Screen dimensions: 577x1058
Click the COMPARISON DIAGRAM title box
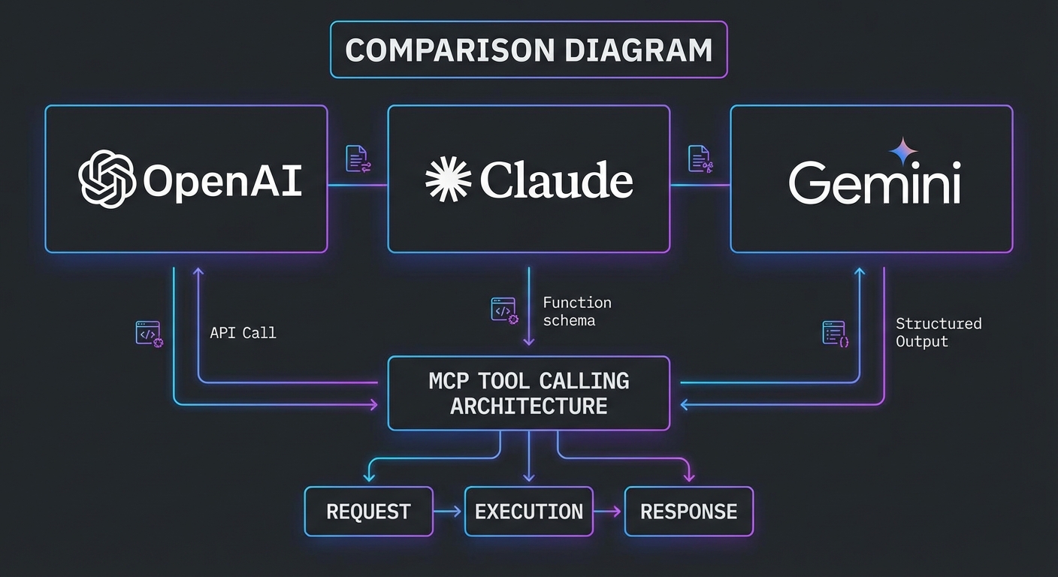pos(528,50)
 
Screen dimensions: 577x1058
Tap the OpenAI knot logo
pos(107,179)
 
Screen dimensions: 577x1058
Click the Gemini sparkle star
pos(903,151)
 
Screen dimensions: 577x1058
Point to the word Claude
pos(556,180)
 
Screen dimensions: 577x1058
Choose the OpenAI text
pos(222,180)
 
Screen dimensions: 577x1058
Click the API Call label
pos(243,333)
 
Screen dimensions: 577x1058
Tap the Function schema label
pos(576,312)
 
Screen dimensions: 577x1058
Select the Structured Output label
pos(938,332)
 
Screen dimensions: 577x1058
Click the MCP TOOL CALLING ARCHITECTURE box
pos(528,393)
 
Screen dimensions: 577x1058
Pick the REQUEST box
pos(368,512)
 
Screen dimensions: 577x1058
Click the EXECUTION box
pos(528,512)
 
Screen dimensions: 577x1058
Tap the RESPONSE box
pos(688,512)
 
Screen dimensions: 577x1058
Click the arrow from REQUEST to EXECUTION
pos(449,512)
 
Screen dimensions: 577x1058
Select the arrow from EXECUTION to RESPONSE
pos(609,512)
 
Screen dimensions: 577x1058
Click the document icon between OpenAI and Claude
pos(358,159)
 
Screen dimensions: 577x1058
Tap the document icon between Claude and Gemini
pos(700,159)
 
